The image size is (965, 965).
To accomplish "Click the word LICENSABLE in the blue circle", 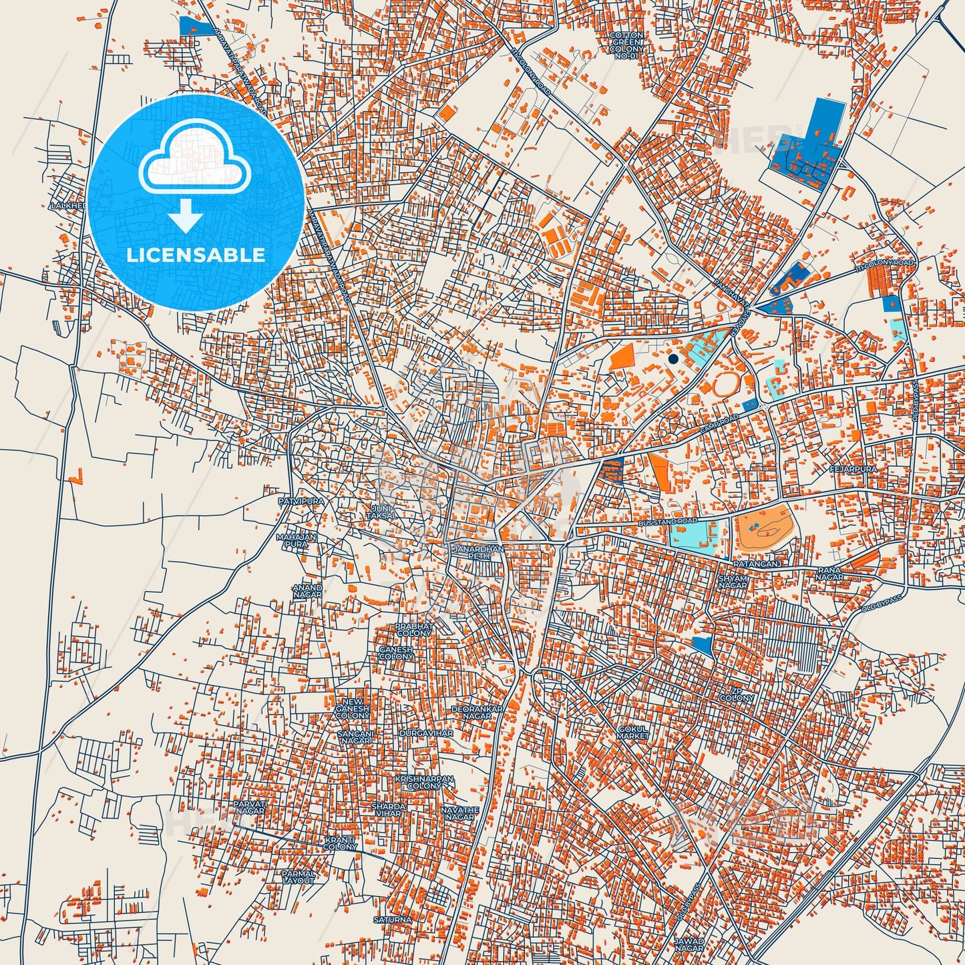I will tap(196, 255).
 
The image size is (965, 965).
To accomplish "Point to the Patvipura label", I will tap(301, 500).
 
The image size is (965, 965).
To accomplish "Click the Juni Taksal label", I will tap(382, 512).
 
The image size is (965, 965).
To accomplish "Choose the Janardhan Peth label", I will tap(477, 552).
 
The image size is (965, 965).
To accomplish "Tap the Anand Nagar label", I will tap(307, 591).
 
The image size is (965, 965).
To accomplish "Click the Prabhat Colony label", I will tap(414, 630).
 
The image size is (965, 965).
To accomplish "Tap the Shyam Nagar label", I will tap(733, 582).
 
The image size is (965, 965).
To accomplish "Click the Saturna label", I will tap(392, 920).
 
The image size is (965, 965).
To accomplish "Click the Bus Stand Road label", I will tap(667, 520).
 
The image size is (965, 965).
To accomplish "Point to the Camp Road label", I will tap(719, 423).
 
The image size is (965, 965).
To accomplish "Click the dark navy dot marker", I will tap(672, 359).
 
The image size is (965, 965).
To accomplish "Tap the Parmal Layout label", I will tap(298, 876).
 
